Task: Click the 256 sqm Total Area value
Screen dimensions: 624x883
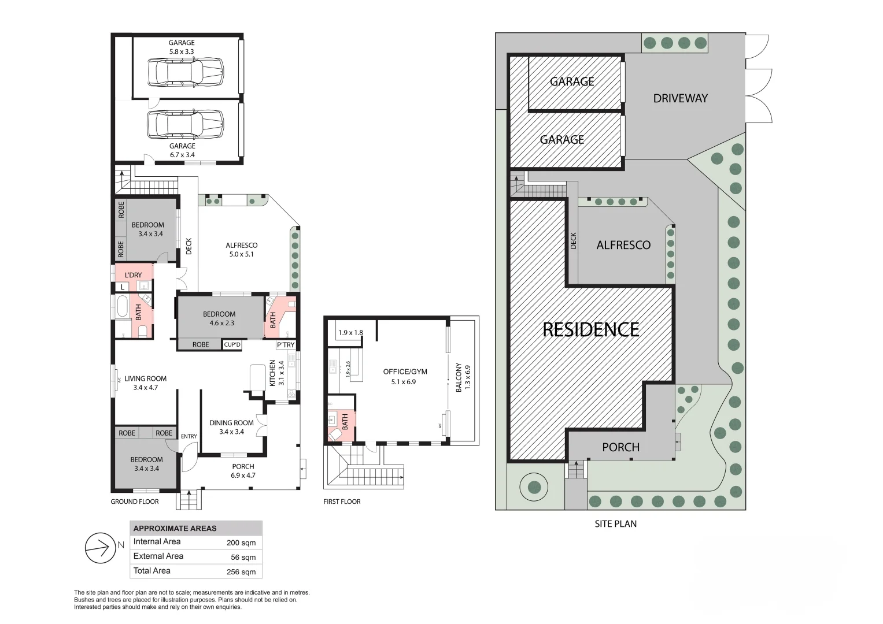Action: (241, 572)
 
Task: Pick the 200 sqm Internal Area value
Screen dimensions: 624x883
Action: (241, 543)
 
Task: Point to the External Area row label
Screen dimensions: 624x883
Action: (158, 556)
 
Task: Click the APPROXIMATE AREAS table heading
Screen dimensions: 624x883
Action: (175, 528)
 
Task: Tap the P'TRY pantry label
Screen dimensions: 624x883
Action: (286, 345)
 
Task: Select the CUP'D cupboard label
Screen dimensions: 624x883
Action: (232, 345)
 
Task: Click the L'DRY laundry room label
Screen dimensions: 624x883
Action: (133, 275)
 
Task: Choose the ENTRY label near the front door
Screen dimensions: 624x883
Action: (189, 436)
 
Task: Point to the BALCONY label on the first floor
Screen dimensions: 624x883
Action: (459, 378)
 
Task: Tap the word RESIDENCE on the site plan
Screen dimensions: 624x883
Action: (590, 329)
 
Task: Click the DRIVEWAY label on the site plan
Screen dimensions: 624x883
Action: (680, 98)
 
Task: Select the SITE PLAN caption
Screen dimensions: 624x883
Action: (615, 524)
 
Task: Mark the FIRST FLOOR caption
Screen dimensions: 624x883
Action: (342, 502)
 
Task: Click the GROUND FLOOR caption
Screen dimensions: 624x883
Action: (134, 502)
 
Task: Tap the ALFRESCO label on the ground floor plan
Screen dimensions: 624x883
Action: (241, 245)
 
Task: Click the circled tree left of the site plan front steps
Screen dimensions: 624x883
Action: (534, 487)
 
